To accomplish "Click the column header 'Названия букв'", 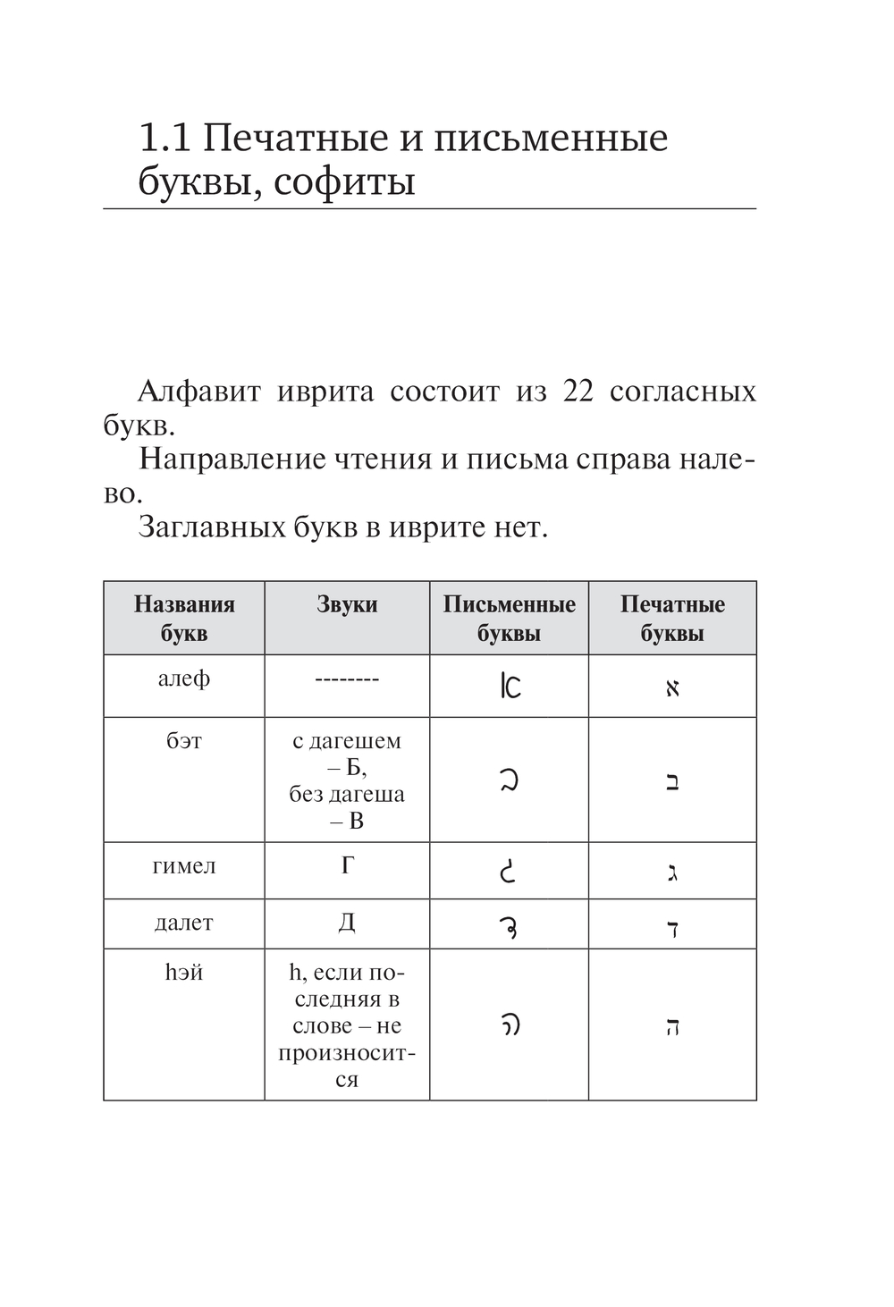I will [184, 619].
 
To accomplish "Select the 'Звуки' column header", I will [347, 605].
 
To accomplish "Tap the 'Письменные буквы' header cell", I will [509, 619].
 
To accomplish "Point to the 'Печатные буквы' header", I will [672, 619].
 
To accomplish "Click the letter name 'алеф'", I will [184, 679].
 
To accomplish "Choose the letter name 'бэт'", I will [184, 741].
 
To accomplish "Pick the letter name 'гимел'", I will [184, 865].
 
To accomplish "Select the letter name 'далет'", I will [184, 923].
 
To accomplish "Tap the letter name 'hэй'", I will [184, 973].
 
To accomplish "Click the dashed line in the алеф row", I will [347, 680].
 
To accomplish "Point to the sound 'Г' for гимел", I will [348, 865].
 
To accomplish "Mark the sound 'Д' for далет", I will [347, 923].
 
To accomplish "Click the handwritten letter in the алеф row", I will [510, 686].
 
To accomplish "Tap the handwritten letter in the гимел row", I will [508, 870].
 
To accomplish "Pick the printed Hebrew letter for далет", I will [672, 927].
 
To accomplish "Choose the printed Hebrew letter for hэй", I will [672, 1026].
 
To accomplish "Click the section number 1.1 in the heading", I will [165, 139].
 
